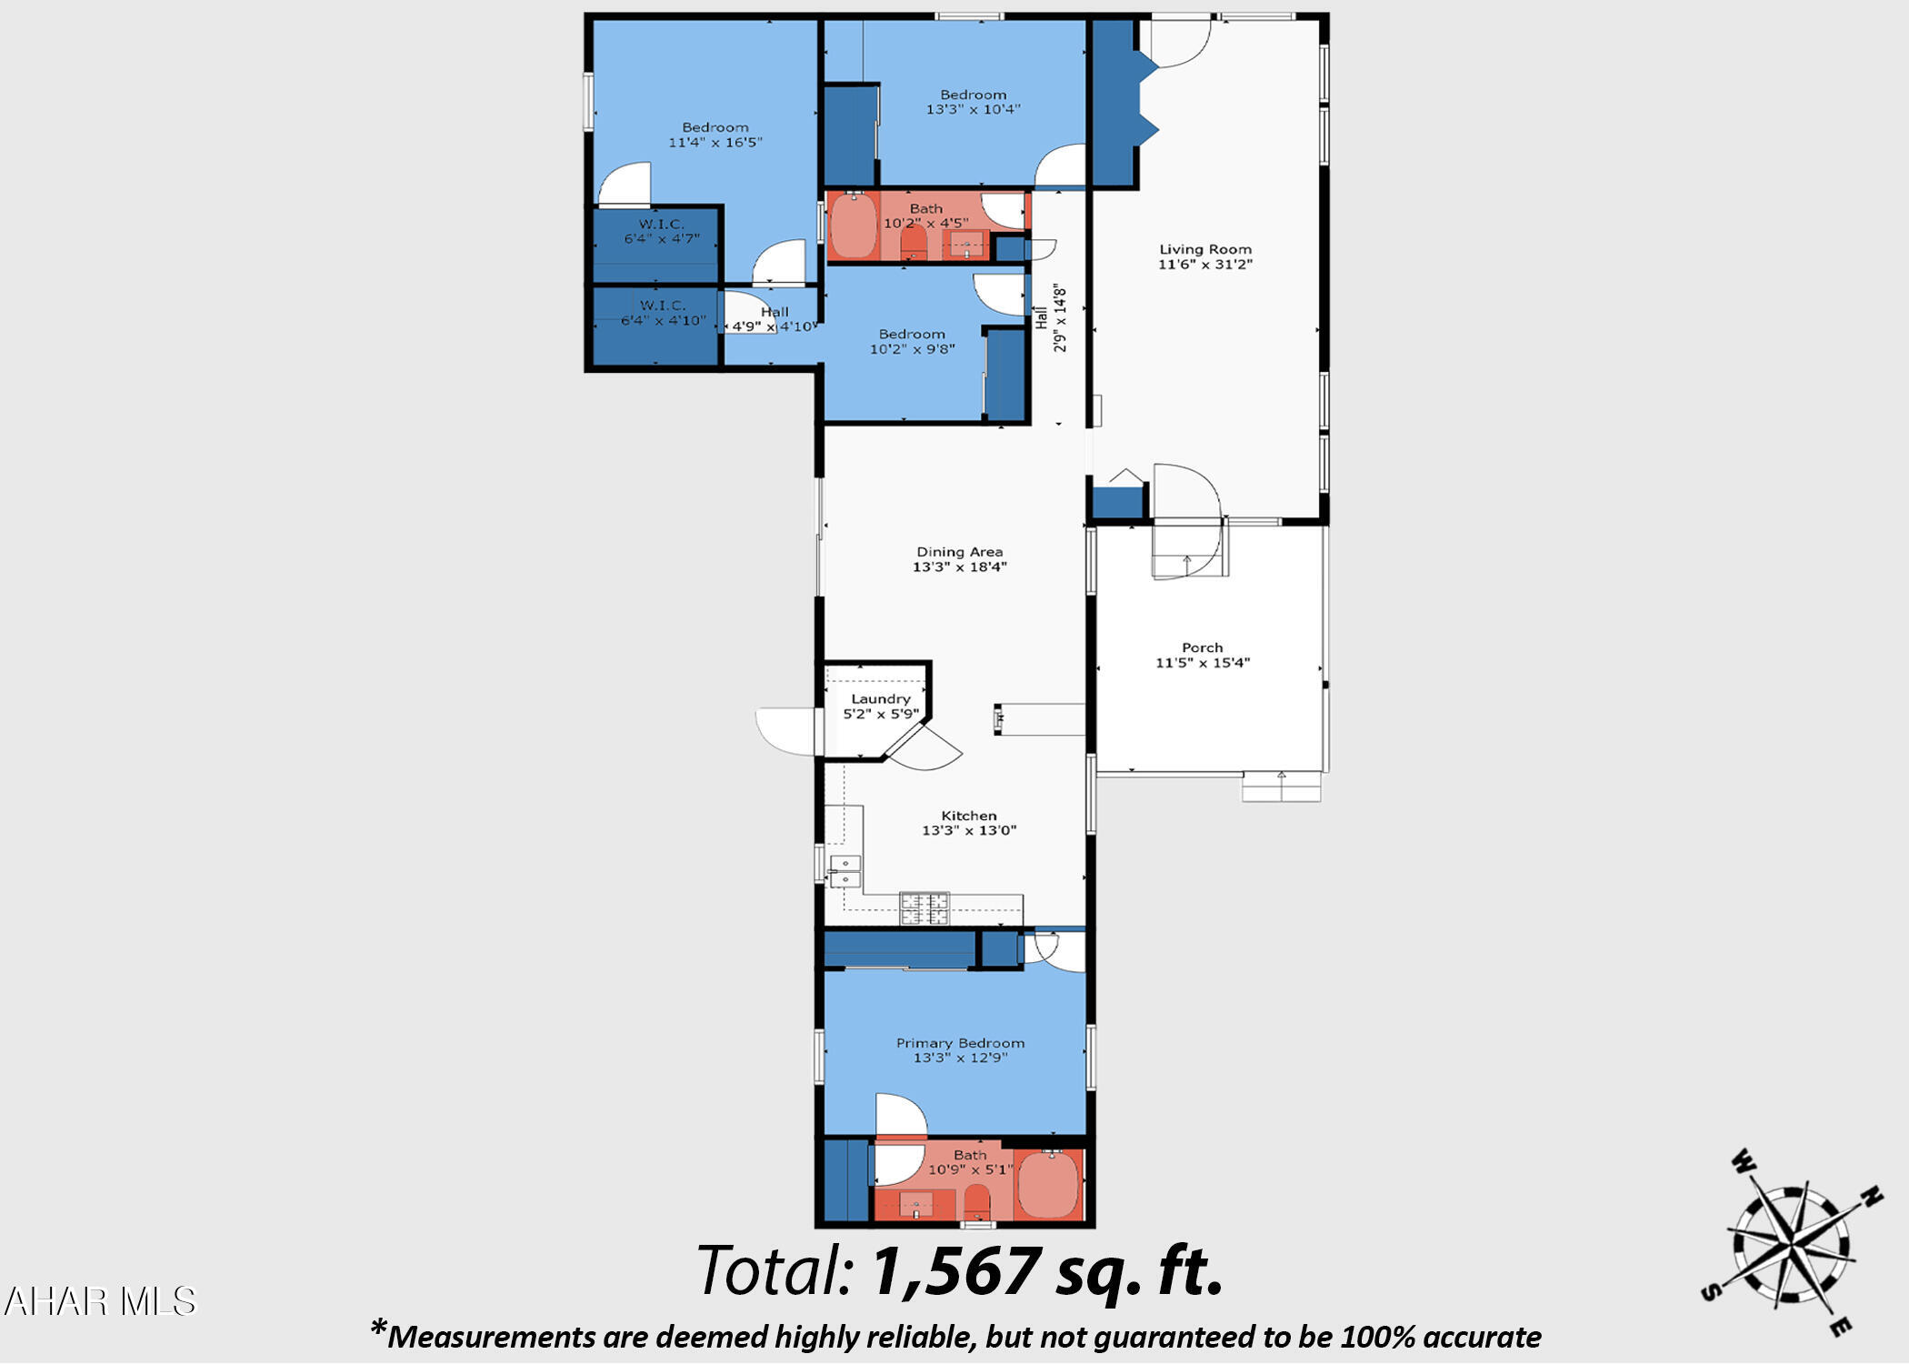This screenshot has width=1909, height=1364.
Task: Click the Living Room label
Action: (1204, 249)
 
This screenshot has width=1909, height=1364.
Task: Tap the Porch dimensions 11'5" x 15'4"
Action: (1202, 663)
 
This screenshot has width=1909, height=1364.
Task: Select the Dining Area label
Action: (959, 552)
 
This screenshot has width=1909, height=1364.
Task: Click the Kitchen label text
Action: (968, 816)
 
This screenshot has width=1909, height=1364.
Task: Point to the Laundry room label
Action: (880, 698)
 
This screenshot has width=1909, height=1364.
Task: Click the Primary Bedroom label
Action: (960, 1043)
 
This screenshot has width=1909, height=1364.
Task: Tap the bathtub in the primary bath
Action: (1047, 1185)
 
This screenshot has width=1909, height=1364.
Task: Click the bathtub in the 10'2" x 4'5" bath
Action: (853, 226)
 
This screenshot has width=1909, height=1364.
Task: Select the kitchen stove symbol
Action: (924, 908)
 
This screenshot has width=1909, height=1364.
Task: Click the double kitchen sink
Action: (845, 871)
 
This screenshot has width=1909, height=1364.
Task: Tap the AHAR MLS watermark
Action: (100, 1302)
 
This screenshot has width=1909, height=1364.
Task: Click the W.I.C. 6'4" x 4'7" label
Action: (661, 231)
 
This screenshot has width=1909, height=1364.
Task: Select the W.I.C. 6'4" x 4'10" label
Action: (662, 313)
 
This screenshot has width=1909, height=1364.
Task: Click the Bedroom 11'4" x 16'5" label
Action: (715, 135)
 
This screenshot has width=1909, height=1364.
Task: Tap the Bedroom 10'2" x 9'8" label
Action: (912, 341)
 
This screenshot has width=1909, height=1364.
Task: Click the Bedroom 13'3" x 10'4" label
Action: (973, 101)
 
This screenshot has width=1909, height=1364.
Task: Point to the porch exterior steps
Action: (1281, 787)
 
